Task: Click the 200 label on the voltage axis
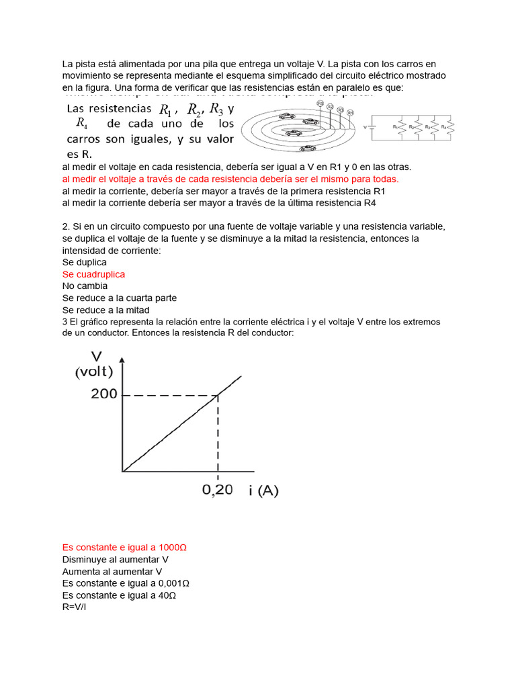click(x=103, y=394)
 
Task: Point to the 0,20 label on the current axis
click(x=218, y=490)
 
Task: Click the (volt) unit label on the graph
click(x=94, y=372)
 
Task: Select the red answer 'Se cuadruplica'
click(x=93, y=274)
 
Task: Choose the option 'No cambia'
click(x=85, y=286)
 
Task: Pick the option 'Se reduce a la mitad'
click(x=105, y=310)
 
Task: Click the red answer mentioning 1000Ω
click(x=124, y=547)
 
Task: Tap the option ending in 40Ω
click(x=119, y=595)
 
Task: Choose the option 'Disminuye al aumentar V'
click(x=115, y=559)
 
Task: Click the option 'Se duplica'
click(x=84, y=262)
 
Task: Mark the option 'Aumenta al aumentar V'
click(x=112, y=571)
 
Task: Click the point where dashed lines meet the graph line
click(x=217, y=394)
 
